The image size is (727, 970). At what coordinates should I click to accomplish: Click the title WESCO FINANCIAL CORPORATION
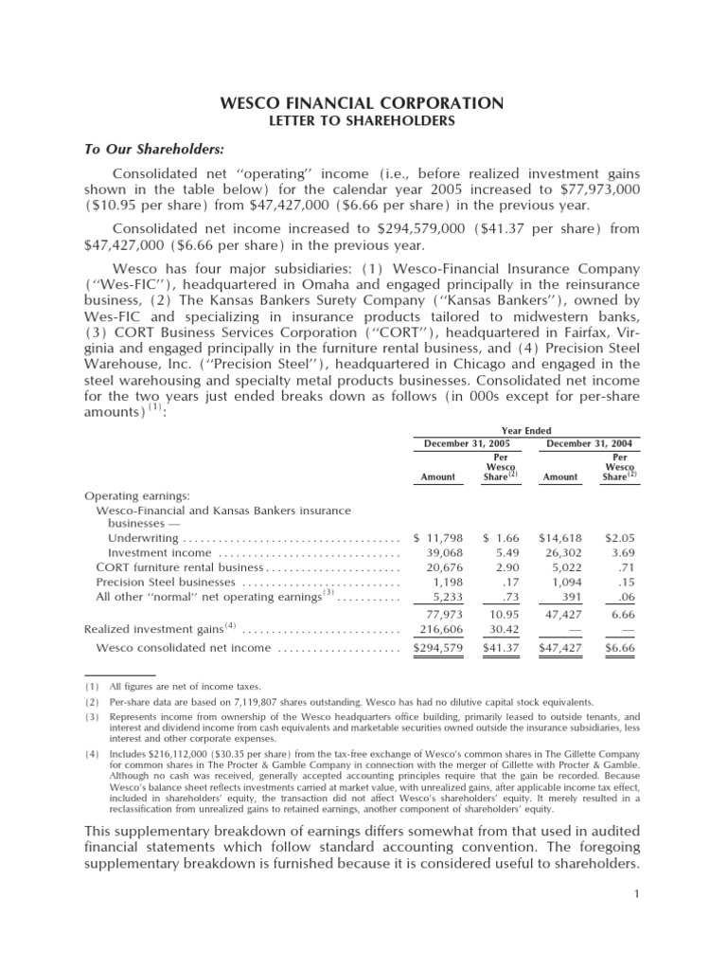pyautogui.click(x=363, y=102)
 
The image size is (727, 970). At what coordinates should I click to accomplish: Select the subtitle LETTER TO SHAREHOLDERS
pyautogui.click(x=363, y=121)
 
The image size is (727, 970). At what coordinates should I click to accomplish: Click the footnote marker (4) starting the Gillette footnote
pyautogui.click(x=91, y=755)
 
